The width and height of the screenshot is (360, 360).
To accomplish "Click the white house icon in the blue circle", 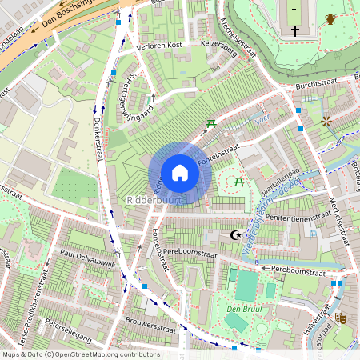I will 180,173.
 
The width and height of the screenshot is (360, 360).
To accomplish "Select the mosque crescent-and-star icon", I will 235,235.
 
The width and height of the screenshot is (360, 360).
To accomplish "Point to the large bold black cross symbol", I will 295,31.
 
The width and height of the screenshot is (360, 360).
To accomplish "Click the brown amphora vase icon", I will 330,18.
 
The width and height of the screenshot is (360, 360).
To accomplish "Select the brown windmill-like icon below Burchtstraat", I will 326,122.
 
